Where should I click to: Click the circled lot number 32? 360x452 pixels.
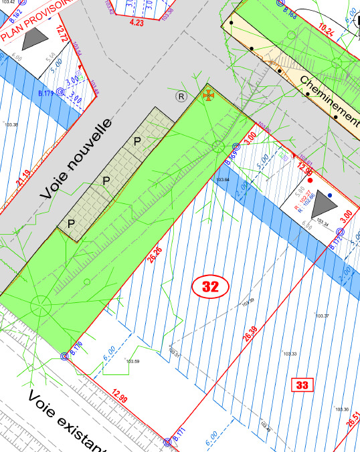point(211,287)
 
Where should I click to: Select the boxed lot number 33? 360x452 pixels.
point(302,384)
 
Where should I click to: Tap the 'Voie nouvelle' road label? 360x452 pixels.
point(75,159)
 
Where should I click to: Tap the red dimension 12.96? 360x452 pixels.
point(306,170)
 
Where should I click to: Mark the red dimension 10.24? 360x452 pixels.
point(327,29)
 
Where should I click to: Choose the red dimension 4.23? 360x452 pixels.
point(137,23)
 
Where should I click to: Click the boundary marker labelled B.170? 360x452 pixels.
point(65,356)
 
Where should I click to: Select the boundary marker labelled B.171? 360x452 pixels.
point(168,442)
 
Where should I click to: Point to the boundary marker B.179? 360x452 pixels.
point(59,92)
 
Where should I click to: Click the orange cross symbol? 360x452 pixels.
point(208,96)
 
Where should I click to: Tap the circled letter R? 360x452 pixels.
point(181,96)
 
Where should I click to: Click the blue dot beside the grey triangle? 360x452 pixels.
point(330,195)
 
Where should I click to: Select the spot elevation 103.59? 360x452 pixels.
point(132,362)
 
